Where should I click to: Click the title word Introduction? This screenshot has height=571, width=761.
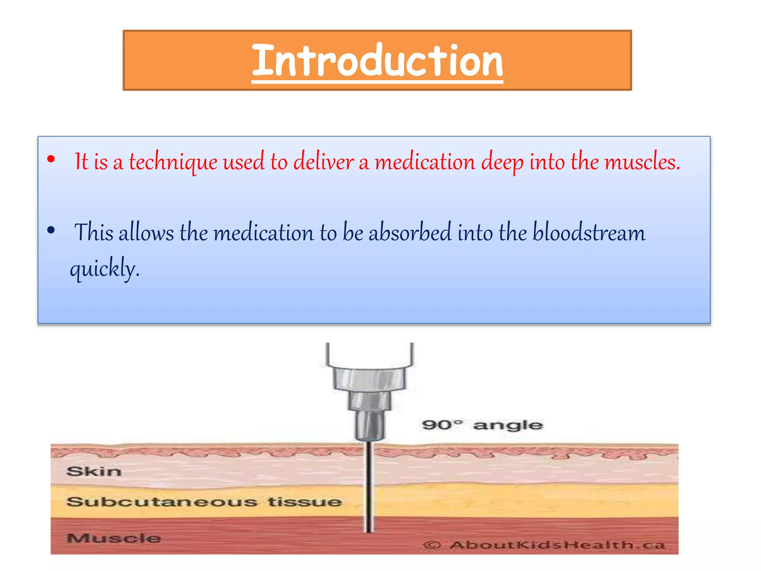377,61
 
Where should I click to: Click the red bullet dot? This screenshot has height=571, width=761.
51,159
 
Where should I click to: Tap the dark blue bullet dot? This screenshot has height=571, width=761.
51,230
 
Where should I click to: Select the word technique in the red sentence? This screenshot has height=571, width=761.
173,162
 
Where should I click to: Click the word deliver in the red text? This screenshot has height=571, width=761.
323,162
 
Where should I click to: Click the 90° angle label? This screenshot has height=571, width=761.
482,425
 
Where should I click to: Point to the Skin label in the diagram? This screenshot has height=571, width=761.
94,471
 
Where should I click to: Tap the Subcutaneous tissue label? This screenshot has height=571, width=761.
204,502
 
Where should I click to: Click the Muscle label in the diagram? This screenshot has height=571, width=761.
114,538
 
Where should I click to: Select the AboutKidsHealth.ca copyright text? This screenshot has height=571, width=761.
544,545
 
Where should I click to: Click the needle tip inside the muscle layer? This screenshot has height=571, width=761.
369,529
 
